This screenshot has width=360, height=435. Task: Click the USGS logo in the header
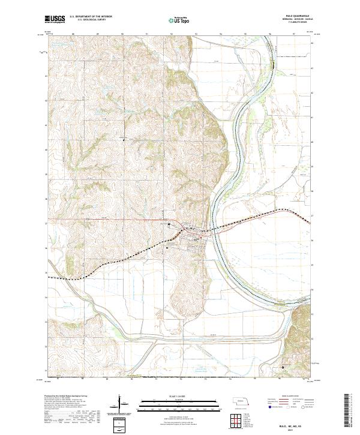click(x=55, y=19)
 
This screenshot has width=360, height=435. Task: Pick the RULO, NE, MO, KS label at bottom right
click(x=295, y=424)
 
